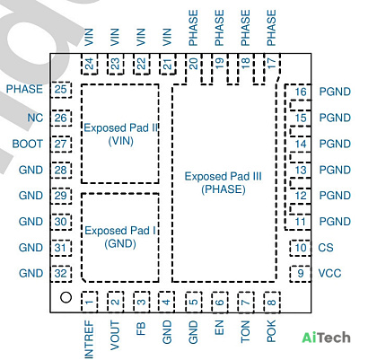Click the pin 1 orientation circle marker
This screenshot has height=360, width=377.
pos(66,297)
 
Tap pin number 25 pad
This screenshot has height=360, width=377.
pos(61,90)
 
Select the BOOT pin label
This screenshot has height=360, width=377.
pos(28,144)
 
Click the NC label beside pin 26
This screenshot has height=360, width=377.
pos(35,118)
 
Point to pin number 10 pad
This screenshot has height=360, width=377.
pos(300,248)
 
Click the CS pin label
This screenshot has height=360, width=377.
pos(326,248)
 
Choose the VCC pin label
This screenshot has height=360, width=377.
pos(329,274)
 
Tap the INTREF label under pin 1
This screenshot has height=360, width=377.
pos(89,339)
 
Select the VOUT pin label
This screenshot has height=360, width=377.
pos(115,335)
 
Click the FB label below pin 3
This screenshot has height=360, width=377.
pos(141,329)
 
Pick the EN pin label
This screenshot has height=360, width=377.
pos(219,328)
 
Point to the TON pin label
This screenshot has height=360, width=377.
pos(245,331)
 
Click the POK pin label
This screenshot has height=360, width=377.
pos(271,331)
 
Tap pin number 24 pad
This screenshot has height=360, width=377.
pos(90,64)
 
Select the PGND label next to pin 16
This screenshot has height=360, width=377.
pos(335,92)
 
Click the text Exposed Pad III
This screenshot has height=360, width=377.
pos(223,176)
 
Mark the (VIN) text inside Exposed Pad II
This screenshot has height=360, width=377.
pos(120,141)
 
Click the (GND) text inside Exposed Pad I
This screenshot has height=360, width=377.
pos(120,243)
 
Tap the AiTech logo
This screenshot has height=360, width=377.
pos(326,338)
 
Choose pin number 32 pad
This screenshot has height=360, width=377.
pos(61,274)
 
